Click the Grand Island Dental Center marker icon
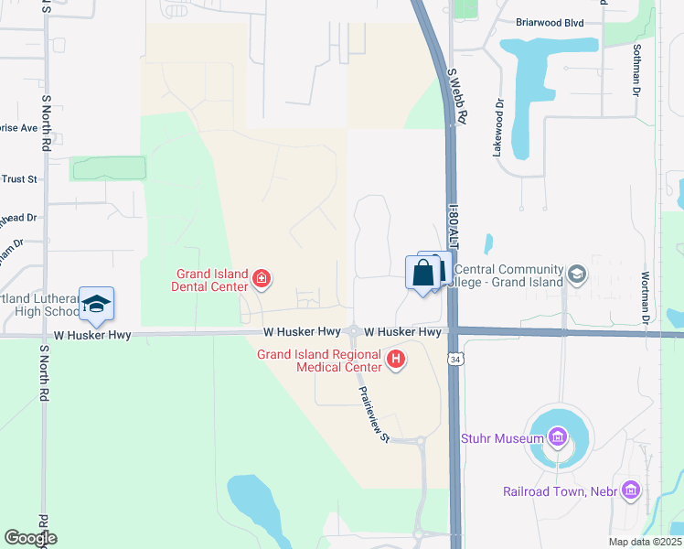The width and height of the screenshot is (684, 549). pos(262,278)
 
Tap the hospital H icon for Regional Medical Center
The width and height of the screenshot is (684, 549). pos(396,360)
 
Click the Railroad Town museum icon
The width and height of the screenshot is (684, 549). pos(629,491)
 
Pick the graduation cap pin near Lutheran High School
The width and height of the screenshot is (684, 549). pos(96,305)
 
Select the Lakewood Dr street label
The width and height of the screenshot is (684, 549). pos(499,128)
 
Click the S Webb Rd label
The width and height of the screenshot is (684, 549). pos(456,95)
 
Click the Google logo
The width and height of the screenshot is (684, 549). pos(30,538)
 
